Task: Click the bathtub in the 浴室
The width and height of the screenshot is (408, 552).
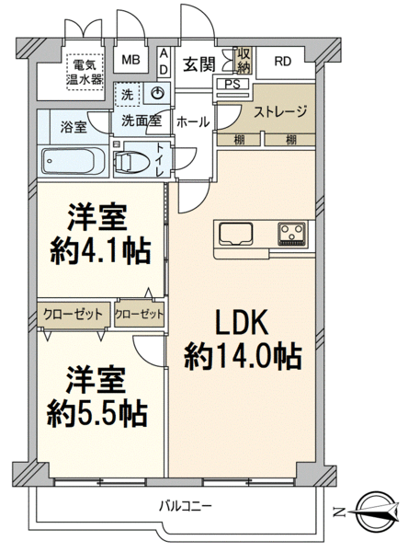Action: [73, 161]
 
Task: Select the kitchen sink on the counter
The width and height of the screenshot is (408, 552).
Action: [235, 234]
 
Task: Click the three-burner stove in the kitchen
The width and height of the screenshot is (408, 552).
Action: [292, 234]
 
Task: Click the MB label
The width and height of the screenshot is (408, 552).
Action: [130, 60]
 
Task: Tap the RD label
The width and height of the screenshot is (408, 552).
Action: [283, 62]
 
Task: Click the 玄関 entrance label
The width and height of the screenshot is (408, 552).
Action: [198, 64]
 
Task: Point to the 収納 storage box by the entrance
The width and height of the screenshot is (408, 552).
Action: [244, 61]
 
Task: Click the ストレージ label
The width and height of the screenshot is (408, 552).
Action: [280, 111]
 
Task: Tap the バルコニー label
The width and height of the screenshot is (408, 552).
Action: [186, 507]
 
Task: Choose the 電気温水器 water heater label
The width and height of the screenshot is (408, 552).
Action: [85, 72]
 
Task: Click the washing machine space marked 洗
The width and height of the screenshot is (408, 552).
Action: [128, 95]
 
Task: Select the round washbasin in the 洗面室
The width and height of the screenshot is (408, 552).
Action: [158, 93]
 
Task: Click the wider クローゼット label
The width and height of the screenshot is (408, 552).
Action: [73, 314]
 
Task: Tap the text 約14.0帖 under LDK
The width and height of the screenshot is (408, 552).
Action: [243, 357]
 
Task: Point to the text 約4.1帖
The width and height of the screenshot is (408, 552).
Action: [100, 252]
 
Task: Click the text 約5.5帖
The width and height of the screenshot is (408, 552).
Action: [97, 414]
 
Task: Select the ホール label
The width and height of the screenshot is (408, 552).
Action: [193, 122]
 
